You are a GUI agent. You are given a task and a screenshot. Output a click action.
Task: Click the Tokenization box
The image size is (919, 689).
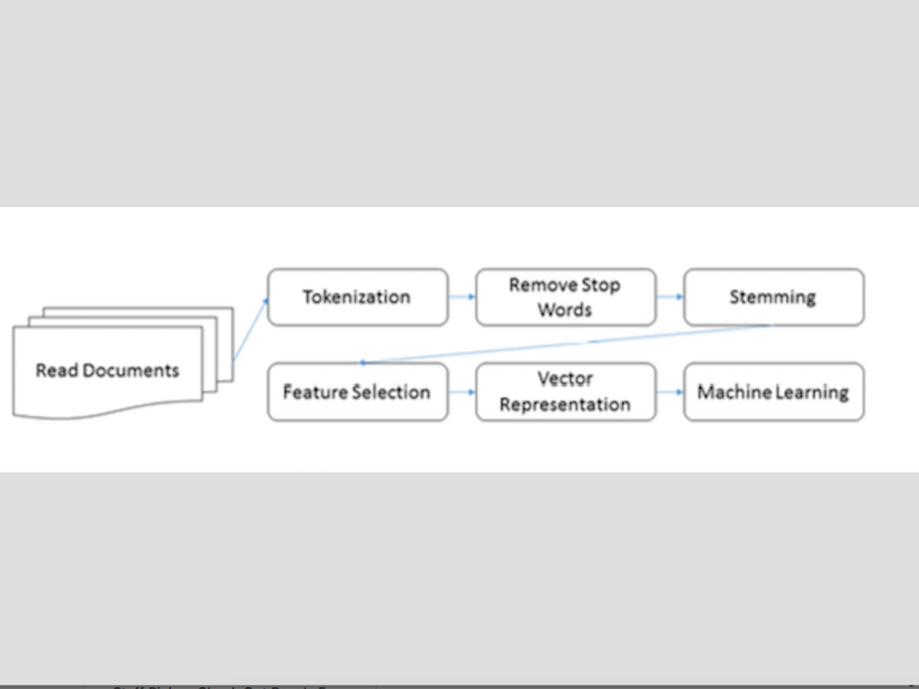pyautogui.click(x=358, y=297)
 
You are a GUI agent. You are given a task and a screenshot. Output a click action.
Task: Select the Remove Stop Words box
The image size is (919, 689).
pyautogui.click(x=565, y=297)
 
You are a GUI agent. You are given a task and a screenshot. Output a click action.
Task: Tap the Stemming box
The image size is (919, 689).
pyautogui.click(x=773, y=297)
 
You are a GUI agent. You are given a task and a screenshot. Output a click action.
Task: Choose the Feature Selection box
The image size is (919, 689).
pyautogui.click(x=358, y=392)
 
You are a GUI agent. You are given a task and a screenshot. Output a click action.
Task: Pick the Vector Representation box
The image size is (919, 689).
pyautogui.click(x=565, y=392)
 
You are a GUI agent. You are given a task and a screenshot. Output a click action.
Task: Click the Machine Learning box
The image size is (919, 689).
pyautogui.click(x=773, y=392)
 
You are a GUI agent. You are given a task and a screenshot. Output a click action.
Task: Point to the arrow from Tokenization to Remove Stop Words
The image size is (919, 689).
pyautogui.click(x=462, y=296)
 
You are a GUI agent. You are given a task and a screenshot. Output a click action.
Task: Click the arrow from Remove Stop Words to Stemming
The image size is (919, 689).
pyautogui.click(x=670, y=296)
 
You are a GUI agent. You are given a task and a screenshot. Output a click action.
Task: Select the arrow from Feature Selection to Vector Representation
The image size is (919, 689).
pyautogui.click(x=462, y=392)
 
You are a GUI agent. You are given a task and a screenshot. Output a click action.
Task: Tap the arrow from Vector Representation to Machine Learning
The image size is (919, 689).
pyautogui.click(x=670, y=392)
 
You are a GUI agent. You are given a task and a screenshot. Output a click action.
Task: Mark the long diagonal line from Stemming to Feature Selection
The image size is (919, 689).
pyautogui.click(x=567, y=344)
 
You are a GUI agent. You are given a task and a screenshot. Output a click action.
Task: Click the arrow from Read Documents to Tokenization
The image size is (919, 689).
pyautogui.click(x=250, y=330)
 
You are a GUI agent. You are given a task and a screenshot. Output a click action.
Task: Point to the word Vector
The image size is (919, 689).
pyautogui.click(x=565, y=379)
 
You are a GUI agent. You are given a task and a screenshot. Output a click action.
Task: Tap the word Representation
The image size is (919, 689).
pyautogui.click(x=565, y=405)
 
